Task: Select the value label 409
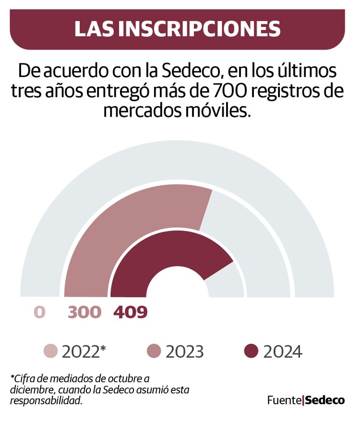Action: pyautogui.click(x=130, y=312)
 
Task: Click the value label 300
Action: pyautogui.click(x=85, y=312)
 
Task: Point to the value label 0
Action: pyautogui.click(x=39, y=312)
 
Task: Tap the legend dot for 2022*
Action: pyautogui.click(x=50, y=352)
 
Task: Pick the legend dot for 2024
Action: pyautogui.click(x=251, y=352)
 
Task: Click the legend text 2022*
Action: pyautogui.click(x=84, y=352)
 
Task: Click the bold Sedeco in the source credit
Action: pyautogui.click(x=325, y=400)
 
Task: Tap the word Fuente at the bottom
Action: pyautogui.click(x=284, y=400)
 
